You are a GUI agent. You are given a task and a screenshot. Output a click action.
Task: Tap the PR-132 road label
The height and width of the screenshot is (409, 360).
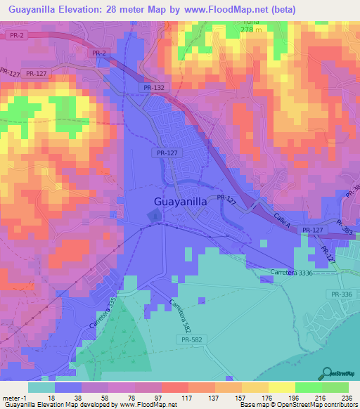coord(153,88)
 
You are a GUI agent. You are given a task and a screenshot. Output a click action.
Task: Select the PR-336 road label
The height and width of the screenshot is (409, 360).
coord(340,294)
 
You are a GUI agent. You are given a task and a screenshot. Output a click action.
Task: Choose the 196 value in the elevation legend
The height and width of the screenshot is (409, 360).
coord(295,397)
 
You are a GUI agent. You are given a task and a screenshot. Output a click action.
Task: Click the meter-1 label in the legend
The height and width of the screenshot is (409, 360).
coord(15,397)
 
